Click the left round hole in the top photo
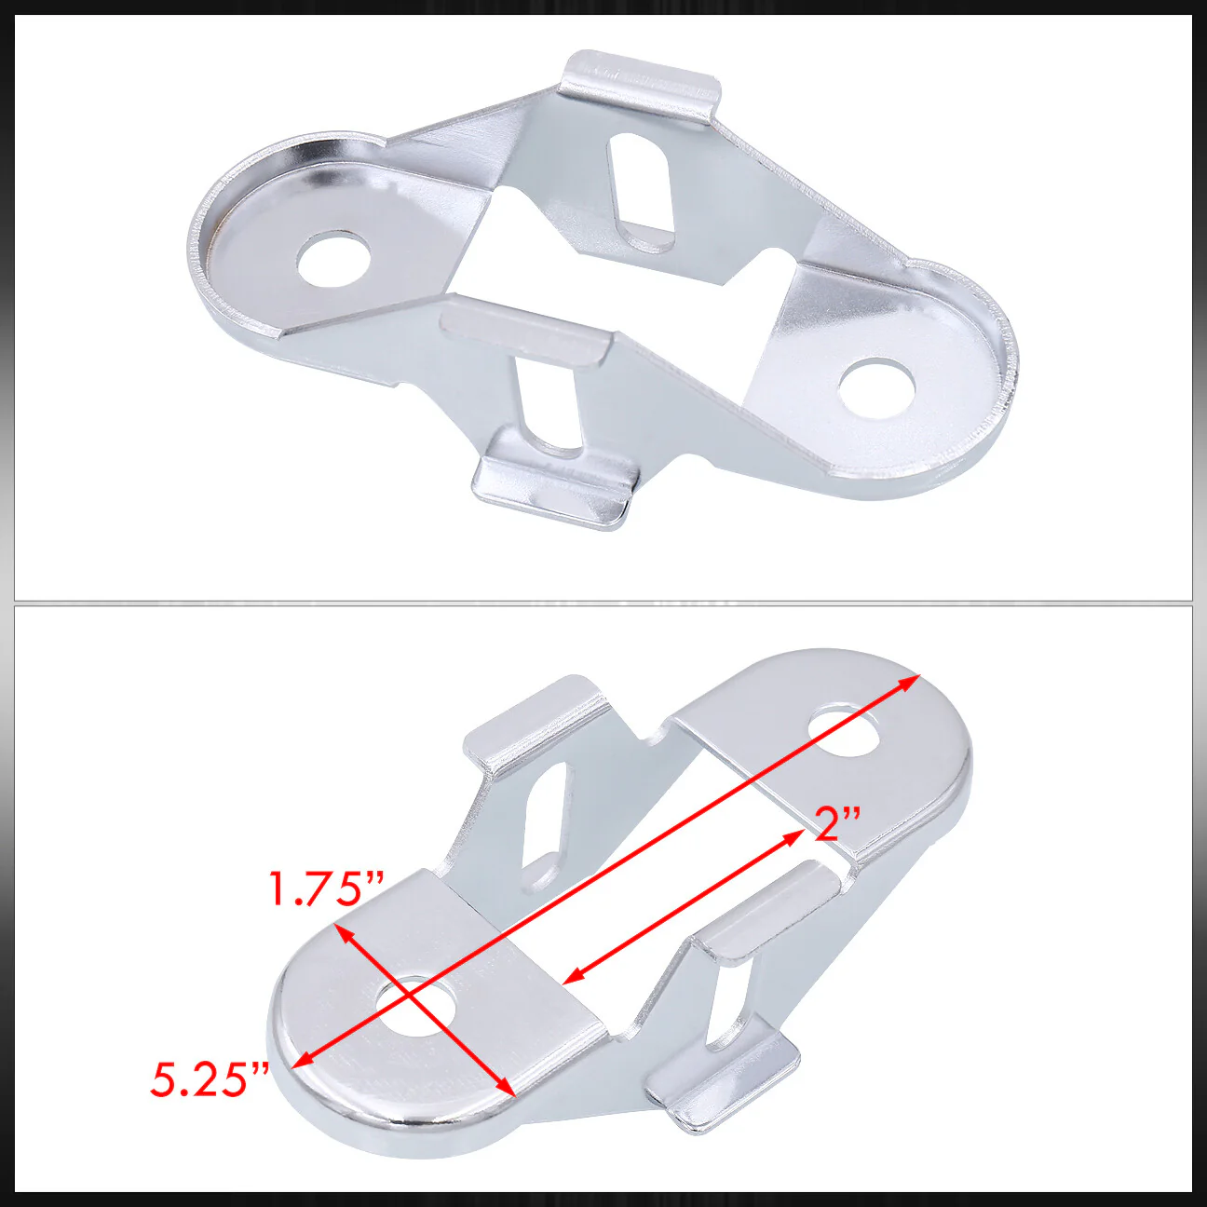click(334, 259)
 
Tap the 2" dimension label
click(837, 825)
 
